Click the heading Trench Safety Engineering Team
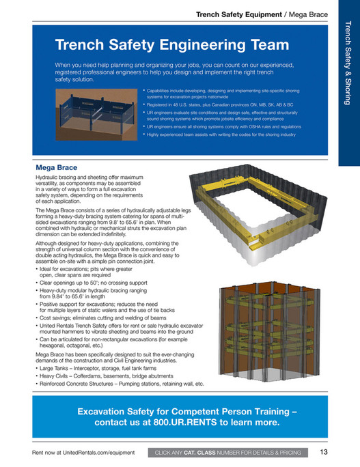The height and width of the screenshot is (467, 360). click(x=172, y=45)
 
